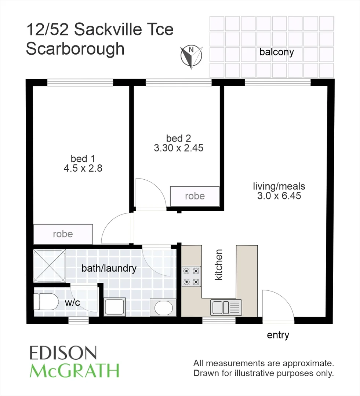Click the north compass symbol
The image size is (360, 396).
[191, 57]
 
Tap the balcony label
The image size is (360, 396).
[276, 52]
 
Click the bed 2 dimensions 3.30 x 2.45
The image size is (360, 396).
[178, 148]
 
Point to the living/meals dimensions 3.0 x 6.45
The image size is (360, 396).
[279, 196]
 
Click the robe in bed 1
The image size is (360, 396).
[63, 234]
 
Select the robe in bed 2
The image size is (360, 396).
[194, 196]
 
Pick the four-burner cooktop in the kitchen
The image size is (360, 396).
[192, 276]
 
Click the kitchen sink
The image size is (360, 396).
[226, 307]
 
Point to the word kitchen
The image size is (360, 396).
[219, 265]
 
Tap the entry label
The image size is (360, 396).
[278, 335]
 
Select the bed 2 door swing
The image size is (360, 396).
[150, 194]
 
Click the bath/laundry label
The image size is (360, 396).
[109, 268]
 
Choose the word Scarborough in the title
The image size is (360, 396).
[75, 49]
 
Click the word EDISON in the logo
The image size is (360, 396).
[63, 353]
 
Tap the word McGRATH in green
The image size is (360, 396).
[74, 371]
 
